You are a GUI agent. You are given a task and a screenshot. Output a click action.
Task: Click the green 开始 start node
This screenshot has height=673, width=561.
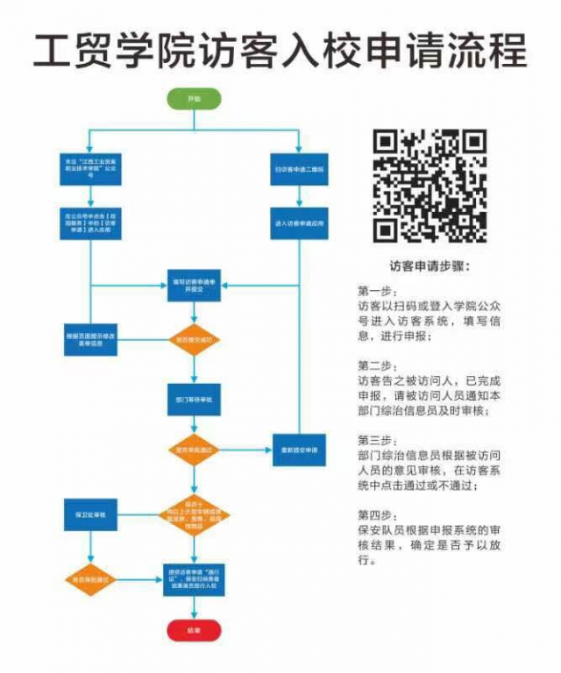click(194, 100)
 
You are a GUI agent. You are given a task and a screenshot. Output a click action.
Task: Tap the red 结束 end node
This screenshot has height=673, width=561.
click(194, 630)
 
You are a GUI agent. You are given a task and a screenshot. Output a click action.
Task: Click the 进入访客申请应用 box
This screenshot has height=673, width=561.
click(298, 223)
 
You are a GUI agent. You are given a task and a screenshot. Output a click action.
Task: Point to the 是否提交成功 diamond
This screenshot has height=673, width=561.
click(195, 339)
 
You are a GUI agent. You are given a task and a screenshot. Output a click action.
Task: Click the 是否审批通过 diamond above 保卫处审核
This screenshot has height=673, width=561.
click(195, 450)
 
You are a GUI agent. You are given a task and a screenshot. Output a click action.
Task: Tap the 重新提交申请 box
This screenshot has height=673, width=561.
click(298, 450)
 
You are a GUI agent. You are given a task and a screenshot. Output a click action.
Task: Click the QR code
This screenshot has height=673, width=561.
click(430, 187)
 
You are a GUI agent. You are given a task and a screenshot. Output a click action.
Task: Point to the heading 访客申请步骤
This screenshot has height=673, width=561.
click(430, 265)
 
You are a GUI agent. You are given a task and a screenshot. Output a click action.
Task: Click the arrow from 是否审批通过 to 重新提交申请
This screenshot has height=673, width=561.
click(245, 450)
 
